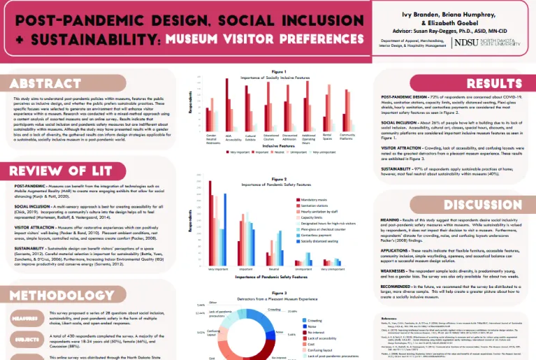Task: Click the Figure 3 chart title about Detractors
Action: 279,298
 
